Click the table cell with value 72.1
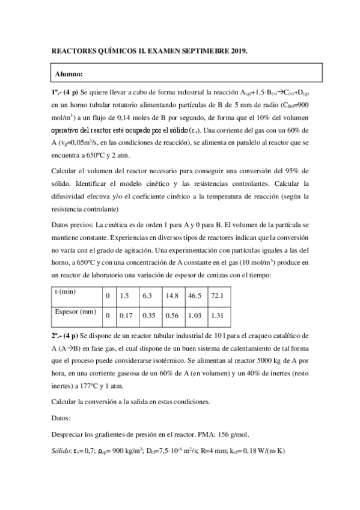point(217,295)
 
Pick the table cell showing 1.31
point(217,315)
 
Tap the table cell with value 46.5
point(195,295)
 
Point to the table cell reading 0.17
point(126,315)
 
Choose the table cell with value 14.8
point(172,295)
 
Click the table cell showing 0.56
point(172,315)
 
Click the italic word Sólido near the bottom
point(61,450)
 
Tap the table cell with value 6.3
point(148,295)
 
